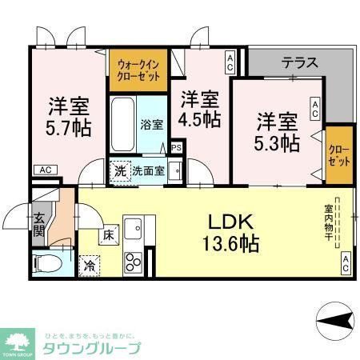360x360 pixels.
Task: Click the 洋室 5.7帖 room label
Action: (x=68, y=116)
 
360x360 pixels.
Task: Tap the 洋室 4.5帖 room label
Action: (x=199, y=110)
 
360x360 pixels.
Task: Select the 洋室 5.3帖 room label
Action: (x=278, y=131)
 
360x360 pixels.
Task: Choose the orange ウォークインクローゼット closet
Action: (x=138, y=70)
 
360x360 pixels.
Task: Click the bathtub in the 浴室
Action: (x=123, y=124)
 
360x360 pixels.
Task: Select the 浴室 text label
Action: (x=152, y=124)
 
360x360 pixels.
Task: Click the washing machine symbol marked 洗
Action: (x=118, y=170)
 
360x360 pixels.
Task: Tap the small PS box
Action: (x=176, y=147)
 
